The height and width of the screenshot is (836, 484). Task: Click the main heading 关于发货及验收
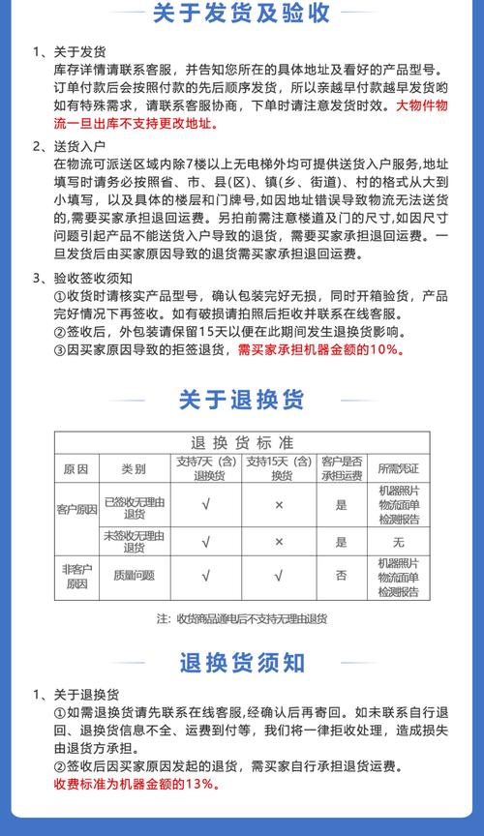coord(241,14)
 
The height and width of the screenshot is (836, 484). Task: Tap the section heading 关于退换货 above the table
coord(241,399)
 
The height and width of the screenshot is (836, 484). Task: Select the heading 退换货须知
coord(241,663)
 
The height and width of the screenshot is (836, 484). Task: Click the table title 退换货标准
coord(242,442)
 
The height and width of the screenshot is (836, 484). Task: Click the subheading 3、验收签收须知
coord(86,279)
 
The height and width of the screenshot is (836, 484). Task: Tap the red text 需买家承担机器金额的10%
coord(320,349)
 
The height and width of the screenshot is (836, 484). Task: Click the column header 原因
coord(76,468)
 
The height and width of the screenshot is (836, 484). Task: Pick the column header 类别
coord(134,468)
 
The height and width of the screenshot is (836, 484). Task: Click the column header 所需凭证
coord(398,468)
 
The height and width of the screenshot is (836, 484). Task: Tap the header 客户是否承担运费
coord(341,468)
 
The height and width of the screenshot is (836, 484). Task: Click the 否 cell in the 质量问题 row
coord(341,576)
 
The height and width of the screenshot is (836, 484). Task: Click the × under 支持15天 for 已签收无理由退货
coord(278,505)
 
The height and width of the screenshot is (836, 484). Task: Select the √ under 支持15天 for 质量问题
coord(278,576)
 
